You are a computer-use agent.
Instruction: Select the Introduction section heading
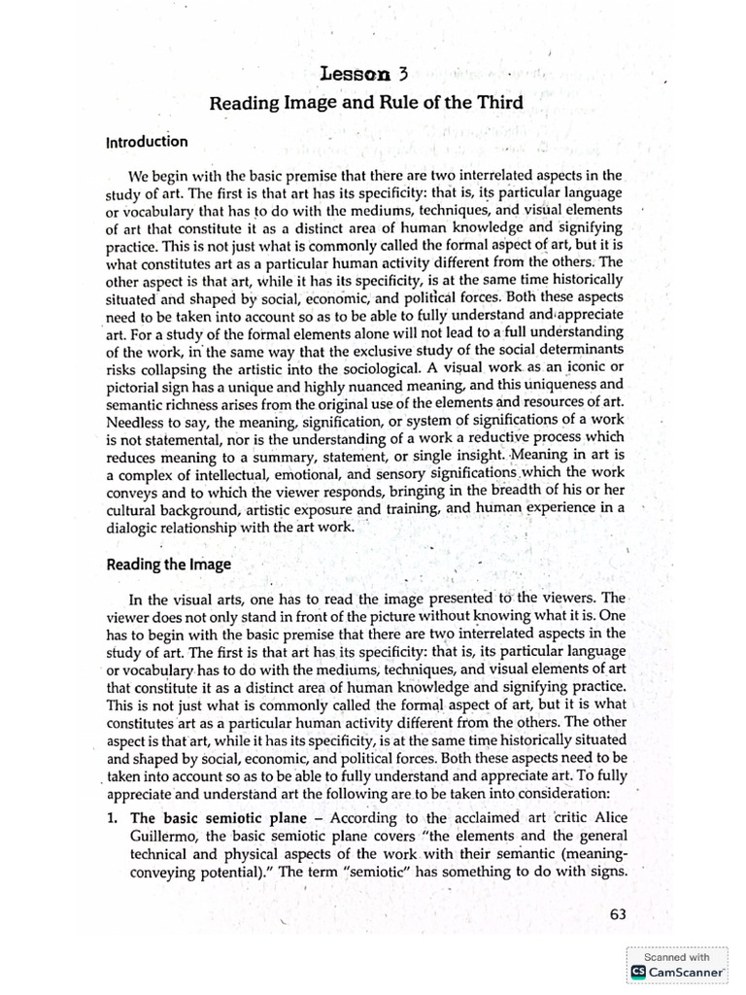[x=146, y=142]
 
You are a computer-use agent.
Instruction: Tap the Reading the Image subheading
[x=169, y=566]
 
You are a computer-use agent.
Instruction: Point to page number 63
[x=620, y=913]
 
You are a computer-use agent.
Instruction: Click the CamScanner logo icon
[x=638, y=971]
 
